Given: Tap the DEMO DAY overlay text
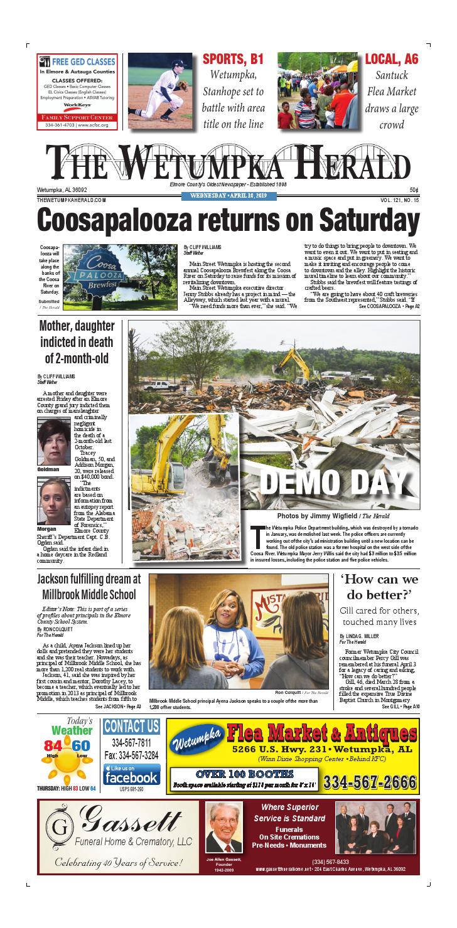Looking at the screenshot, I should pos(333,481).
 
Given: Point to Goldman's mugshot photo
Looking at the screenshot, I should pos(53,442).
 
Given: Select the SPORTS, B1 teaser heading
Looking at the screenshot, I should pos(232,60).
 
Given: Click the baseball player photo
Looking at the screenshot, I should pos(161,92).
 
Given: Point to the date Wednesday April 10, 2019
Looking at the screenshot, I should pos(228,196).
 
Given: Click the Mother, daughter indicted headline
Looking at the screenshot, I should pos(77,342).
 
